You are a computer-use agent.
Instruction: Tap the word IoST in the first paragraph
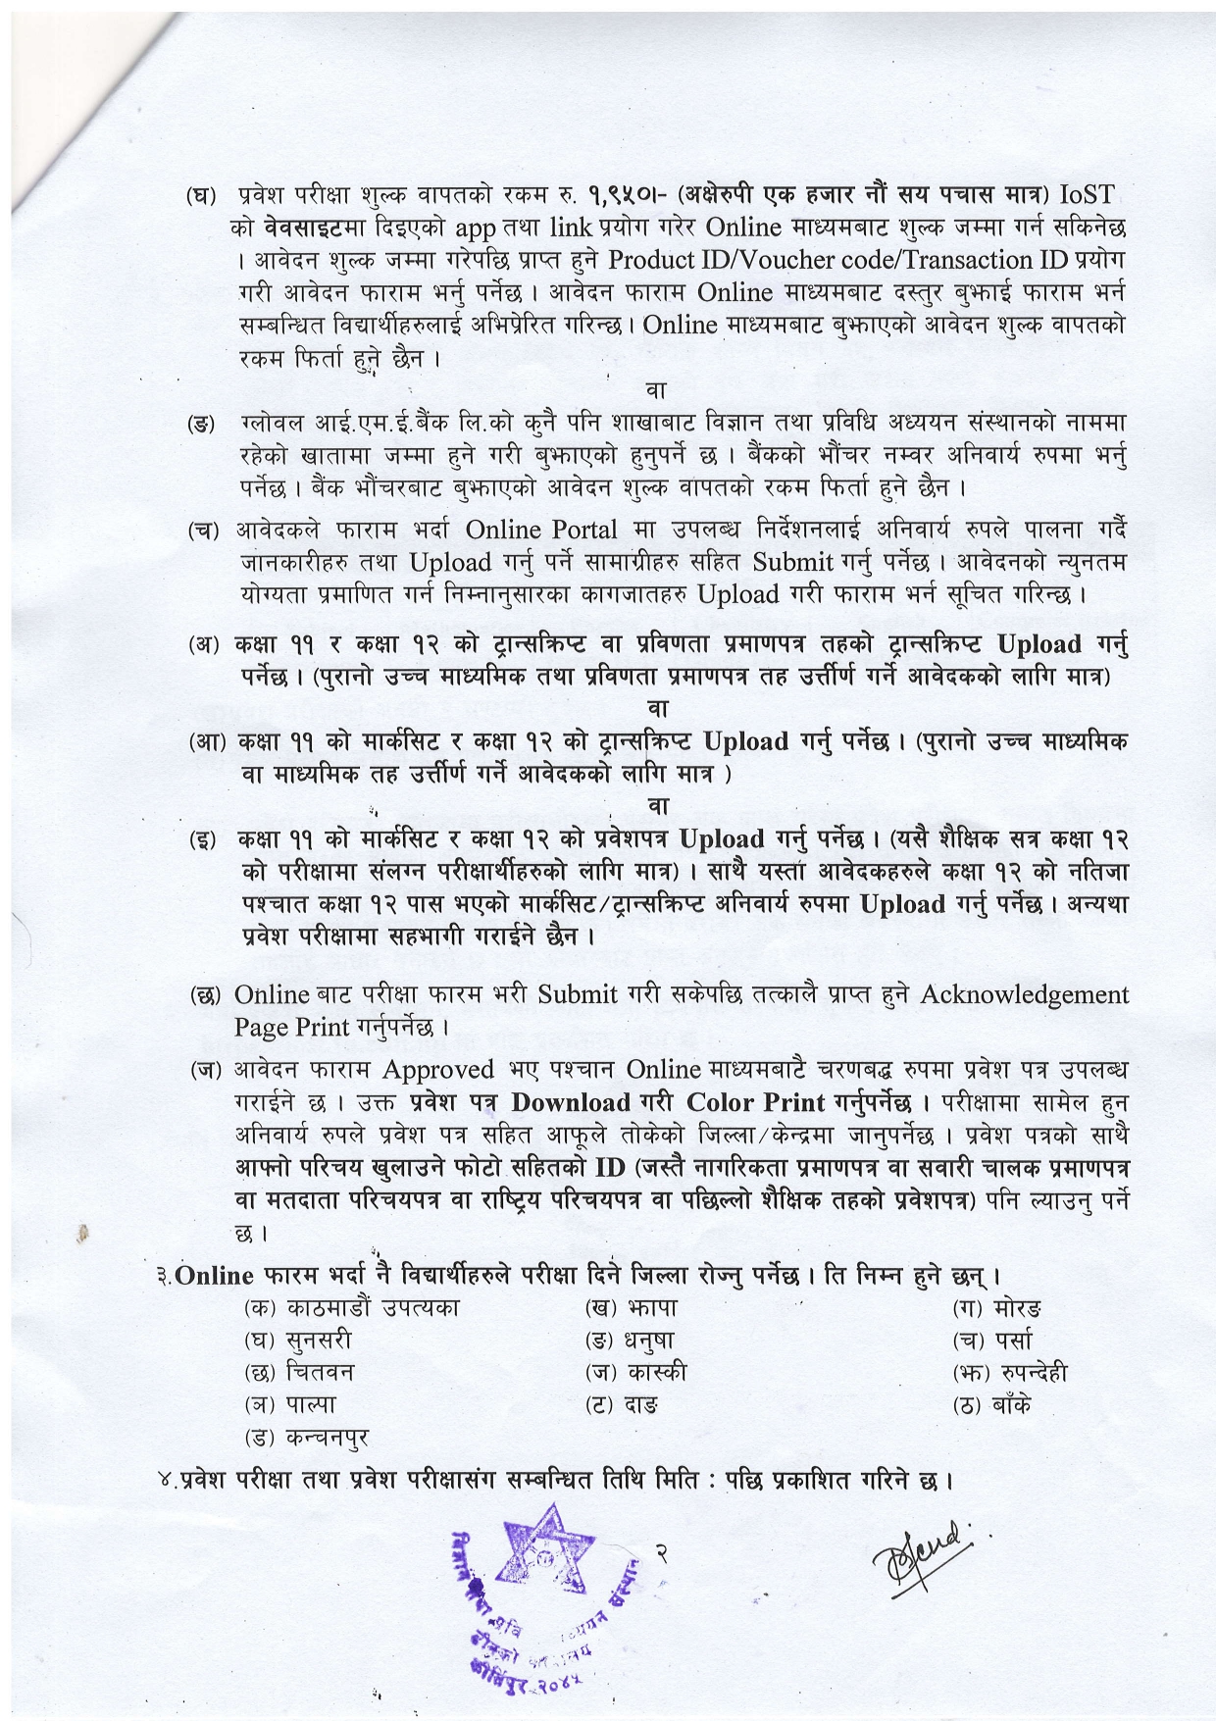point(1087,194)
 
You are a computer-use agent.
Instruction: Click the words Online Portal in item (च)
point(541,530)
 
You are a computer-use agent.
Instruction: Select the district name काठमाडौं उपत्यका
point(373,1307)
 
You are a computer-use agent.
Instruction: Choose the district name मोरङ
point(1018,1307)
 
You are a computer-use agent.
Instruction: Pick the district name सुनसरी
point(318,1340)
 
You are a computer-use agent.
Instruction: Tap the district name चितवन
point(320,1372)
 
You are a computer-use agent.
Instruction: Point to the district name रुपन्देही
point(1029,1372)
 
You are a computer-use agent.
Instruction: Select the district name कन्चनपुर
point(328,1438)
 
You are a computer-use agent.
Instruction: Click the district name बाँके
point(1011,1405)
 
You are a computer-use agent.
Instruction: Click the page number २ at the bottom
point(663,1552)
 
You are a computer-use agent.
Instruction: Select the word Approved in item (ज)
point(437,1069)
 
